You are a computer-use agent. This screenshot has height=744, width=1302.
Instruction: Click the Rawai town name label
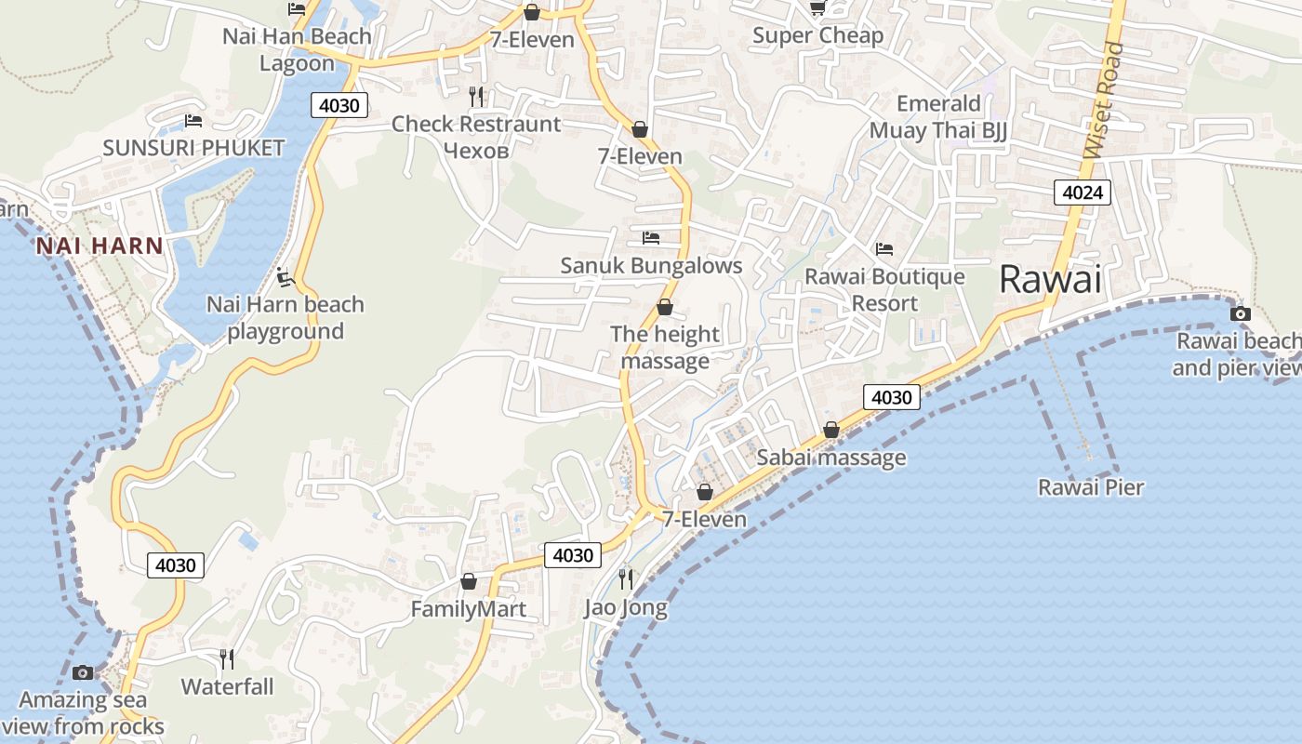point(1050,279)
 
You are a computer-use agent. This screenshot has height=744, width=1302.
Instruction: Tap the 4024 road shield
point(1083,193)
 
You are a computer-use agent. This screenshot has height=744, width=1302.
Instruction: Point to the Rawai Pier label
point(1091,486)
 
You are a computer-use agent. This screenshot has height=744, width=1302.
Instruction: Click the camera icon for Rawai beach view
point(1240,313)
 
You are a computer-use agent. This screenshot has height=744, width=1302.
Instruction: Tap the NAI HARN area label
point(100,246)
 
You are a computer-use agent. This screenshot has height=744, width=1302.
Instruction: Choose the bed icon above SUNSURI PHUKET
point(193,120)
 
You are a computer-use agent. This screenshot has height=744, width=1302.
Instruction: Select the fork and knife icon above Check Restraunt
point(476,96)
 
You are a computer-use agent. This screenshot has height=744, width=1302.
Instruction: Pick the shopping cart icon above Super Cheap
point(817,8)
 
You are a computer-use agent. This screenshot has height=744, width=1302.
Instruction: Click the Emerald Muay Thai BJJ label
point(938,116)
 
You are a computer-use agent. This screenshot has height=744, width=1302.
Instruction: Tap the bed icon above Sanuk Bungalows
point(651,238)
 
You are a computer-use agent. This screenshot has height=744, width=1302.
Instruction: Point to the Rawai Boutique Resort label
point(884,290)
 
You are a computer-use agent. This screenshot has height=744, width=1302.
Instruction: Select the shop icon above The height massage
point(665,307)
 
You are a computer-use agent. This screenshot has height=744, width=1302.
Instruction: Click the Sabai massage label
point(831,457)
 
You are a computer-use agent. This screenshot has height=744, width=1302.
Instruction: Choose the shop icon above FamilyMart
point(469,581)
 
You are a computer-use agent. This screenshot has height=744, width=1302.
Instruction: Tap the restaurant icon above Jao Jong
point(626,579)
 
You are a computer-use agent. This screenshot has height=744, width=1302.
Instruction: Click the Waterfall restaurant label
point(227,686)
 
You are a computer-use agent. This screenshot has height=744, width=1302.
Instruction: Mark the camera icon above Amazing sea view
point(83,672)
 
